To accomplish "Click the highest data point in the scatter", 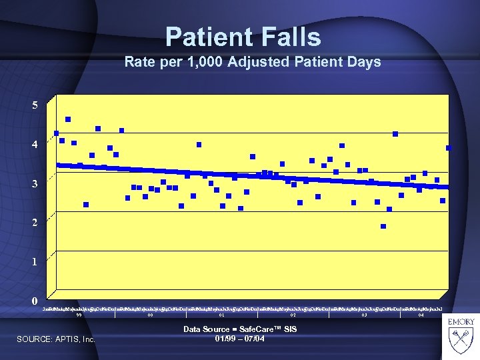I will click(68, 119).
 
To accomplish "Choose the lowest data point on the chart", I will click(383, 227).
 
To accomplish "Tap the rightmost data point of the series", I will click(449, 147).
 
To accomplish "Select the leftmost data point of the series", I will click(57, 133).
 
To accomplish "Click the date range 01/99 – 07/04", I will click(240, 339).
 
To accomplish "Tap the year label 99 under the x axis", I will click(79, 315).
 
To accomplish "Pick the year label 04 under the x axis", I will click(421, 315).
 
